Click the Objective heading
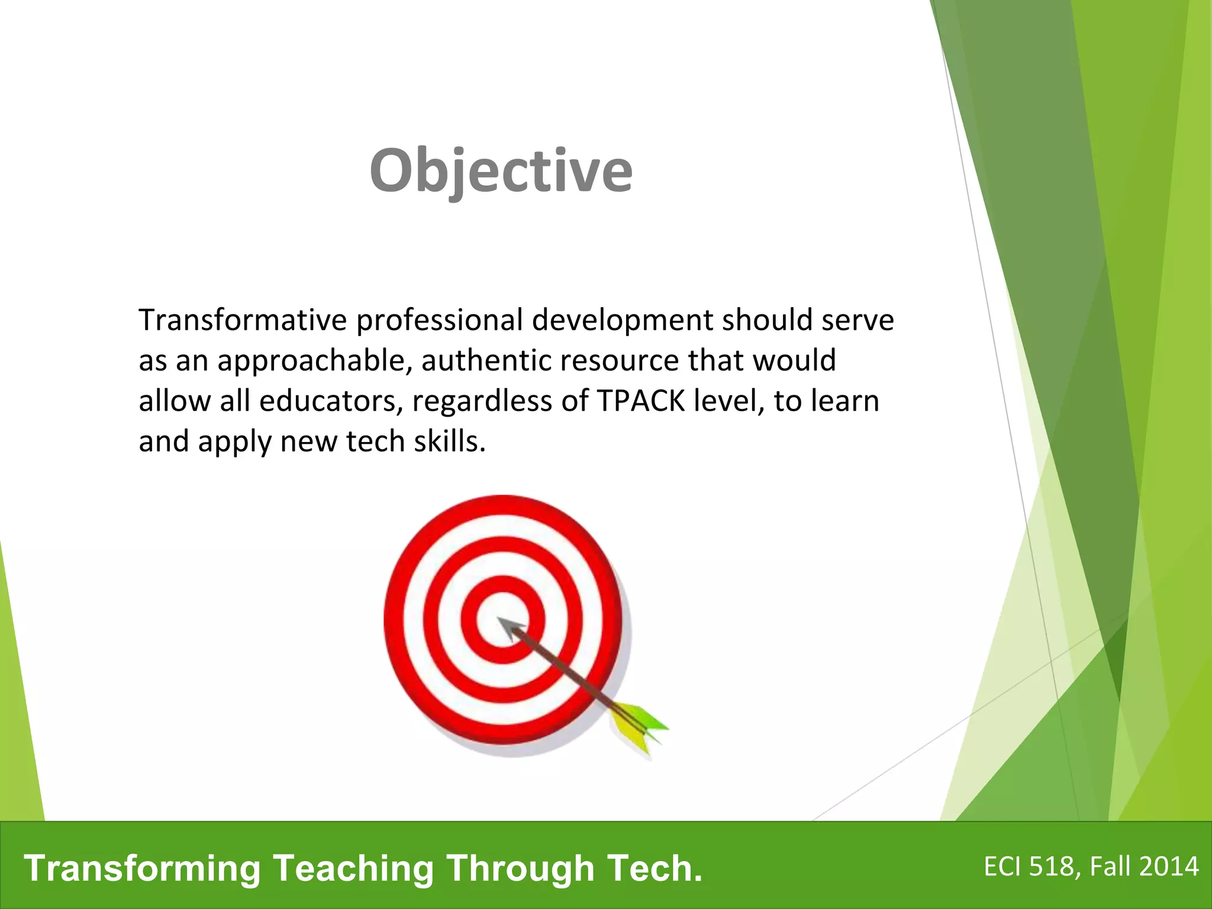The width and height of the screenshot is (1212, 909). click(501, 170)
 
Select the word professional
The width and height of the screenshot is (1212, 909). click(439, 320)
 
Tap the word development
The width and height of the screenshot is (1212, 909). click(622, 320)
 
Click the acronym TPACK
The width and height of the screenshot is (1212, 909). click(641, 401)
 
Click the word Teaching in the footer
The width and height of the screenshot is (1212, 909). click(353, 868)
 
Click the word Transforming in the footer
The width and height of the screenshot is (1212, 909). click(142, 868)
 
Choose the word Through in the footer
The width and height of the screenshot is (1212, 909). click(520, 868)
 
